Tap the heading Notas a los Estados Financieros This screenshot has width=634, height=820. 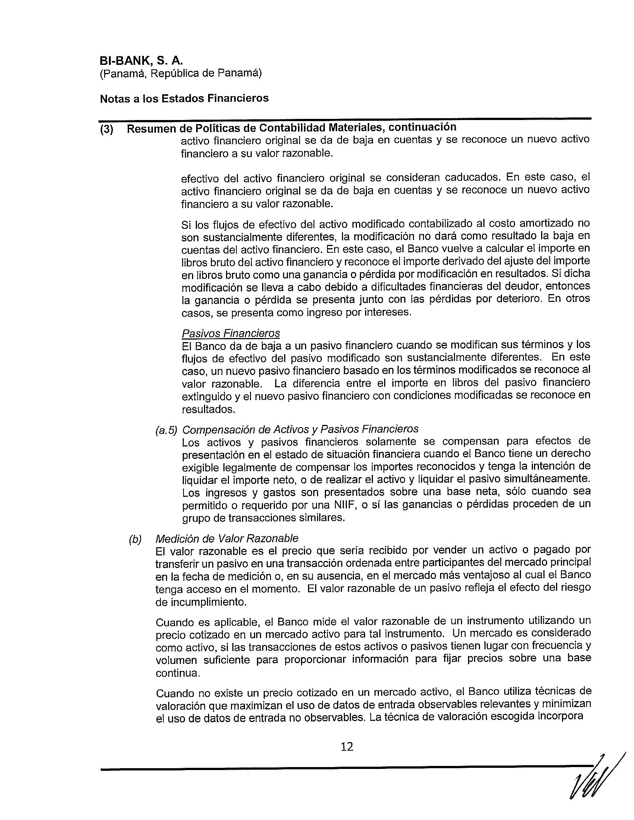pyautogui.click(x=184, y=98)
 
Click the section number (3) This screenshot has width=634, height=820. pyautogui.click(x=107, y=130)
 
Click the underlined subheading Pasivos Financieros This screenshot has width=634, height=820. pyautogui.click(x=230, y=333)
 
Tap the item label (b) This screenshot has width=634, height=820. pyautogui.click(x=135, y=539)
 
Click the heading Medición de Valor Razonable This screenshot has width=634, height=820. pyautogui.click(x=227, y=539)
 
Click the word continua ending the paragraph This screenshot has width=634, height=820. pyautogui.click(x=178, y=673)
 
